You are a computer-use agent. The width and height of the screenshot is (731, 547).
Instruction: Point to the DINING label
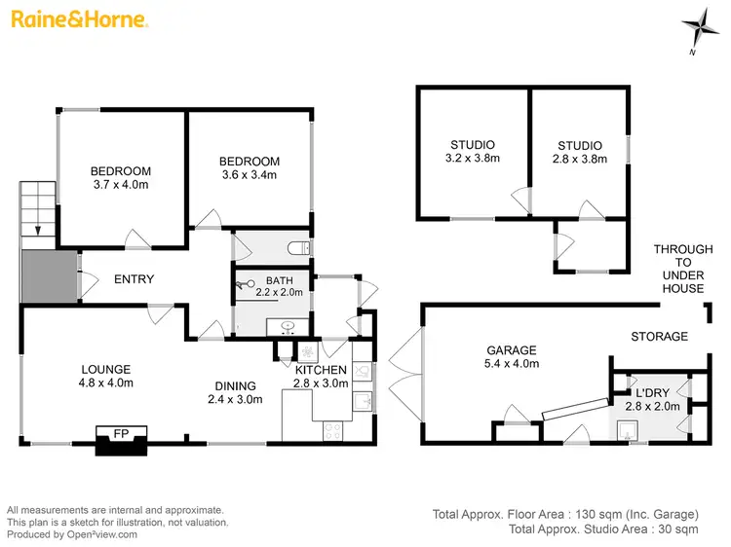pyautogui.click(x=237, y=385)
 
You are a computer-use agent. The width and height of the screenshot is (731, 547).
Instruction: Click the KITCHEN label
pyautogui.click(x=320, y=370)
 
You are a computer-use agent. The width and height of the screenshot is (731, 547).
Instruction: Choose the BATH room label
pyautogui.click(x=265, y=280)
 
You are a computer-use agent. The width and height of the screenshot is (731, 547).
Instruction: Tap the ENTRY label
pyautogui.click(x=134, y=279)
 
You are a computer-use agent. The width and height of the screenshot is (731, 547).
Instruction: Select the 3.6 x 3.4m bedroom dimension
pyautogui.click(x=249, y=175)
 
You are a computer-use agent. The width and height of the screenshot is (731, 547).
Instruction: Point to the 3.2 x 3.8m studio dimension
pyautogui.click(x=471, y=159)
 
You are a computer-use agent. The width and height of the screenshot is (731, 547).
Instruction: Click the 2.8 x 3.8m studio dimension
pyautogui.click(x=580, y=159)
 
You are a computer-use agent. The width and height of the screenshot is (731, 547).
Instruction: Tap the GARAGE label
pyautogui.click(x=512, y=350)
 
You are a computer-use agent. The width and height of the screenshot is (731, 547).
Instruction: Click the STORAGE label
pyautogui.click(x=659, y=337)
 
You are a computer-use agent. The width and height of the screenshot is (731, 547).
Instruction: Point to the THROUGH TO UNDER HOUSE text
pyautogui.click(x=678, y=269)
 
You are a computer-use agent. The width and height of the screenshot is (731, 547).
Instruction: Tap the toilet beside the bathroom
pyautogui.click(x=304, y=249)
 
